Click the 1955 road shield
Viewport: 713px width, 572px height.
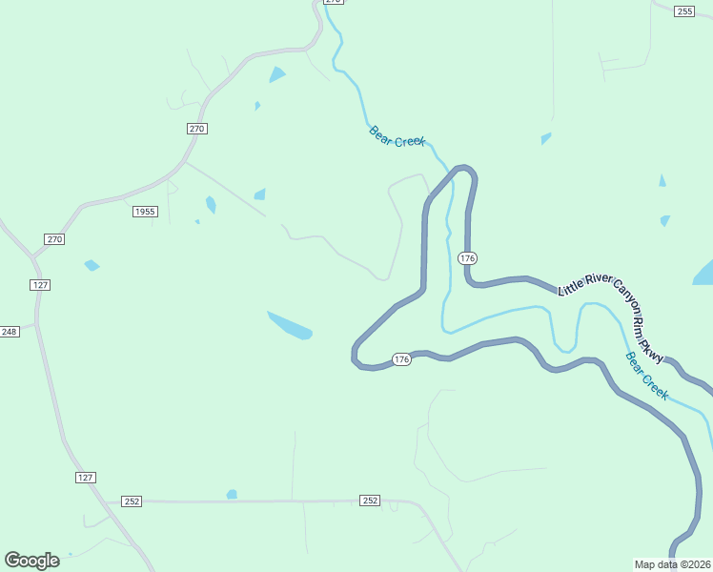[145, 212]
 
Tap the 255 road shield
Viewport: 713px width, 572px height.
[683, 10]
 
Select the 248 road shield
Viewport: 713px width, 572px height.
[10, 332]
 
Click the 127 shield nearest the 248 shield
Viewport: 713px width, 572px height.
[39, 285]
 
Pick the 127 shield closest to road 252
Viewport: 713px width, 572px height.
[86, 478]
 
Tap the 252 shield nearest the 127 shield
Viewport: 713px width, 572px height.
[132, 501]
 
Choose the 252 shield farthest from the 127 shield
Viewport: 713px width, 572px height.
[371, 500]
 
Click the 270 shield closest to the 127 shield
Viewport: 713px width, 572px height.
[54, 239]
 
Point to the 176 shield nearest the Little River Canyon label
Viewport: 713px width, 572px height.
[466, 258]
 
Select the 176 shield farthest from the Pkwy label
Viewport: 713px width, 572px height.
[401, 359]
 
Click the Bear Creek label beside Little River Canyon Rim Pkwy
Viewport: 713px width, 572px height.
[647, 376]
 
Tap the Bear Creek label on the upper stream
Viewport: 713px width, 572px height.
[397, 136]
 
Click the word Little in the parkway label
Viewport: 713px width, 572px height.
[570, 286]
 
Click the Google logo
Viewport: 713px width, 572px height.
[31, 561]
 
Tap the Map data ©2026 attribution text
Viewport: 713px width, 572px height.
[672, 564]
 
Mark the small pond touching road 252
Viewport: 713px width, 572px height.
[231, 494]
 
